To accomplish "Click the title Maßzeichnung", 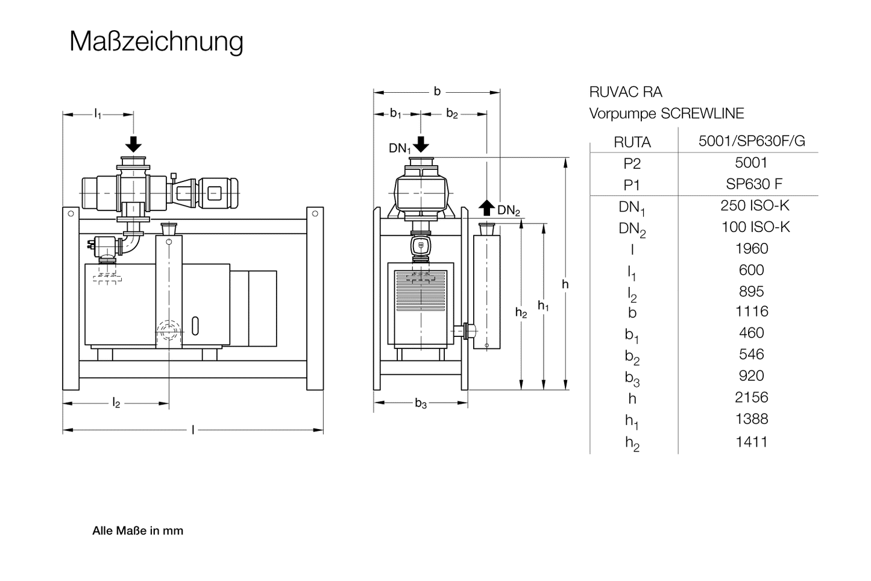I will (156, 42).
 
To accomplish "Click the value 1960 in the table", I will (752, 248).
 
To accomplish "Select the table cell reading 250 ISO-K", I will (755, 206).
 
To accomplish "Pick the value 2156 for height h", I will (752, 397).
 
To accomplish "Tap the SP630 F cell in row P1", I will (754, 184).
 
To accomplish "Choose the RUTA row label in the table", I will (632, 142).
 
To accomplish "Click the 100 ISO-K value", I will (755, 227).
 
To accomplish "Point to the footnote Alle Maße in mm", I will (137, 531).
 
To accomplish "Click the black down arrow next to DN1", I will (421, 145).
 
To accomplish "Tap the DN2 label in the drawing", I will (508, 210).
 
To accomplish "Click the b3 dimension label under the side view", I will (421, 404).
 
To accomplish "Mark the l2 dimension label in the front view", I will (116, 403).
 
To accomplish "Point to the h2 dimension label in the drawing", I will (521, 312).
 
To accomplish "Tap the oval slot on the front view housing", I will (195, 326).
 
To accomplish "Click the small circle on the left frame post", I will (71, 213).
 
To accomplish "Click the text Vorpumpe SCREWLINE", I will (666, 113).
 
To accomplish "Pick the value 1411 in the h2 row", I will (752, 442).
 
